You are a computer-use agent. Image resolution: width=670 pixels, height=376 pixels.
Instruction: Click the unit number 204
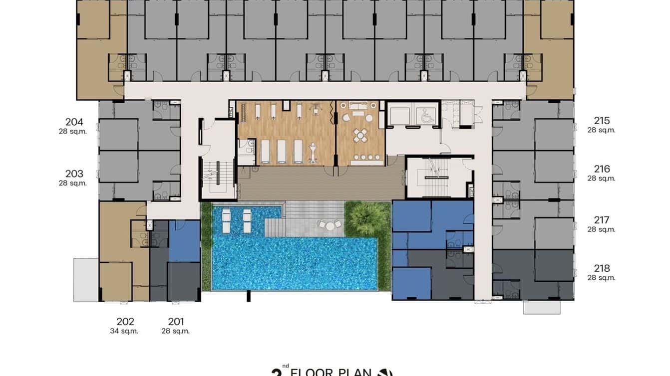tap(74, 122)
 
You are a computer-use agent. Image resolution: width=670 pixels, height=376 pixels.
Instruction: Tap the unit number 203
tap(74, 174)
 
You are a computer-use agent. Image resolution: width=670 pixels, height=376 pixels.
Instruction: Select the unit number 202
tap(125, 322)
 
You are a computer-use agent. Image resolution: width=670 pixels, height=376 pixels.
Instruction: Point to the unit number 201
tap(176, 322)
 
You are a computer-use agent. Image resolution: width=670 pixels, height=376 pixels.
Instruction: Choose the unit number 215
tap(602, 121)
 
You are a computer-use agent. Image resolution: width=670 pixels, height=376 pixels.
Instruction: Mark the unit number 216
tap(602, 169)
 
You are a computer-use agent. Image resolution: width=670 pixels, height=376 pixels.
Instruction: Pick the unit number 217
tap(602, 220)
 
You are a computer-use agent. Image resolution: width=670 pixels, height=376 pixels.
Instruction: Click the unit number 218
tap(602, 268)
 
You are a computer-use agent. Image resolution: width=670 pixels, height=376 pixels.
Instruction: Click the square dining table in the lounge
tap(361, 135)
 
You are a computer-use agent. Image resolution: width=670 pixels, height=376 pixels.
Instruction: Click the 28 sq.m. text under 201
tap(176, 331)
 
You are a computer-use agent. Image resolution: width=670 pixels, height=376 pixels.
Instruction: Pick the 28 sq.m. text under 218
tap(602, 278)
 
